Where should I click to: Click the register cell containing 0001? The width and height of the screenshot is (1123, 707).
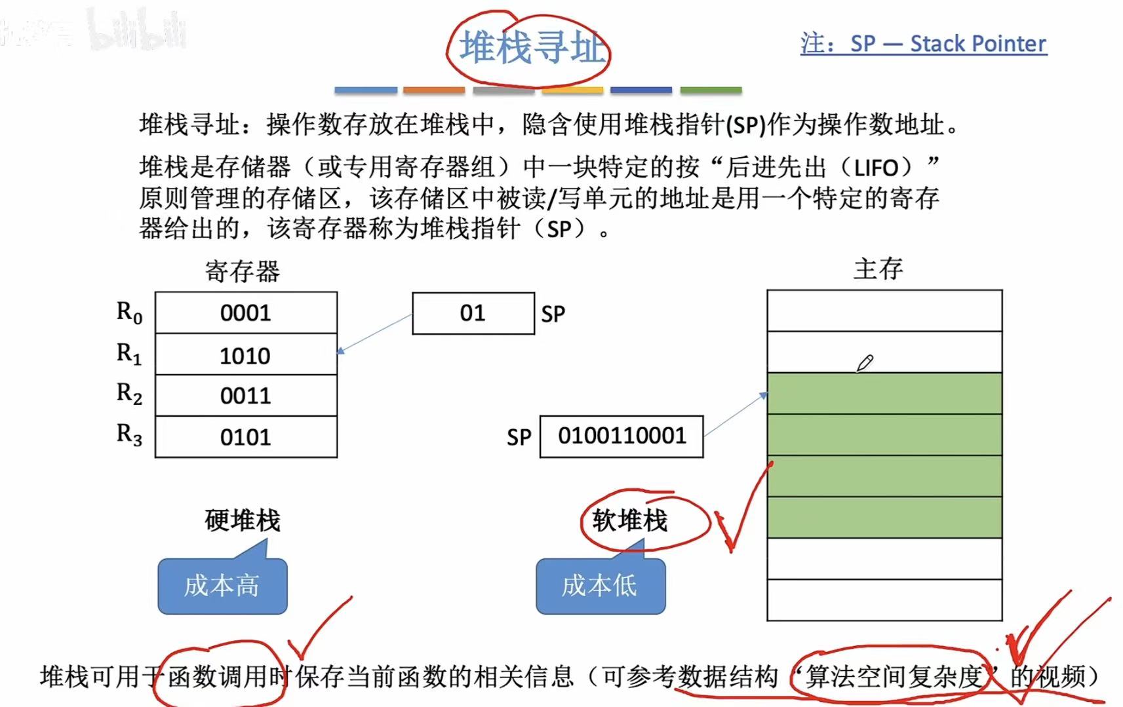[x=246, y=313]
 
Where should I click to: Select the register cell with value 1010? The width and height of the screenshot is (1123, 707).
[x=246, y=355]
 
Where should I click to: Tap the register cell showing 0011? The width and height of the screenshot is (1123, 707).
[x=246, y=396]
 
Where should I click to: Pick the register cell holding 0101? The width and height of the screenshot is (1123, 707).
[x=246, y=437]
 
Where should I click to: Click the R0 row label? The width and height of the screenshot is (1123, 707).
[x=129, y=313]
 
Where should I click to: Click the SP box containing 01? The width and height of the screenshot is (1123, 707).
[x=473, y=313]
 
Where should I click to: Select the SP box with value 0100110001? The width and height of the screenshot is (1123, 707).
[x=621, y=436]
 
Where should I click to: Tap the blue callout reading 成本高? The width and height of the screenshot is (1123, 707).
[x=222, y=586]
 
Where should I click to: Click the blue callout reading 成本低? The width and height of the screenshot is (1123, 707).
[x=600, y=586]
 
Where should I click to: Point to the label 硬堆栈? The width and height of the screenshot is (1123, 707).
[x=243, y=520]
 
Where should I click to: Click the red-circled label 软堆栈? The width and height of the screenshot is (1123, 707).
[x=629, y=521]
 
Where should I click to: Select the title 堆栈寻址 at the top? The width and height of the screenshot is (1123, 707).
[x=530, y=48]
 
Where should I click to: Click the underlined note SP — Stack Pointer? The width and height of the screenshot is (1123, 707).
[x=923, y=44]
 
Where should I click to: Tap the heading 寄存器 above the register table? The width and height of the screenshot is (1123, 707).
[x=243, y=271]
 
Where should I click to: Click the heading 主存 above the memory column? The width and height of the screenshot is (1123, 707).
[x=878, y=269]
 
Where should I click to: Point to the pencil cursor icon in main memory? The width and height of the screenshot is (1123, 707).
[x=865, y=363]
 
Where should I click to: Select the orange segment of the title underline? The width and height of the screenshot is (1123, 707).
[x=434, y=90]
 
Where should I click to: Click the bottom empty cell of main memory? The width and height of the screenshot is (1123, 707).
[x=884, y=600]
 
